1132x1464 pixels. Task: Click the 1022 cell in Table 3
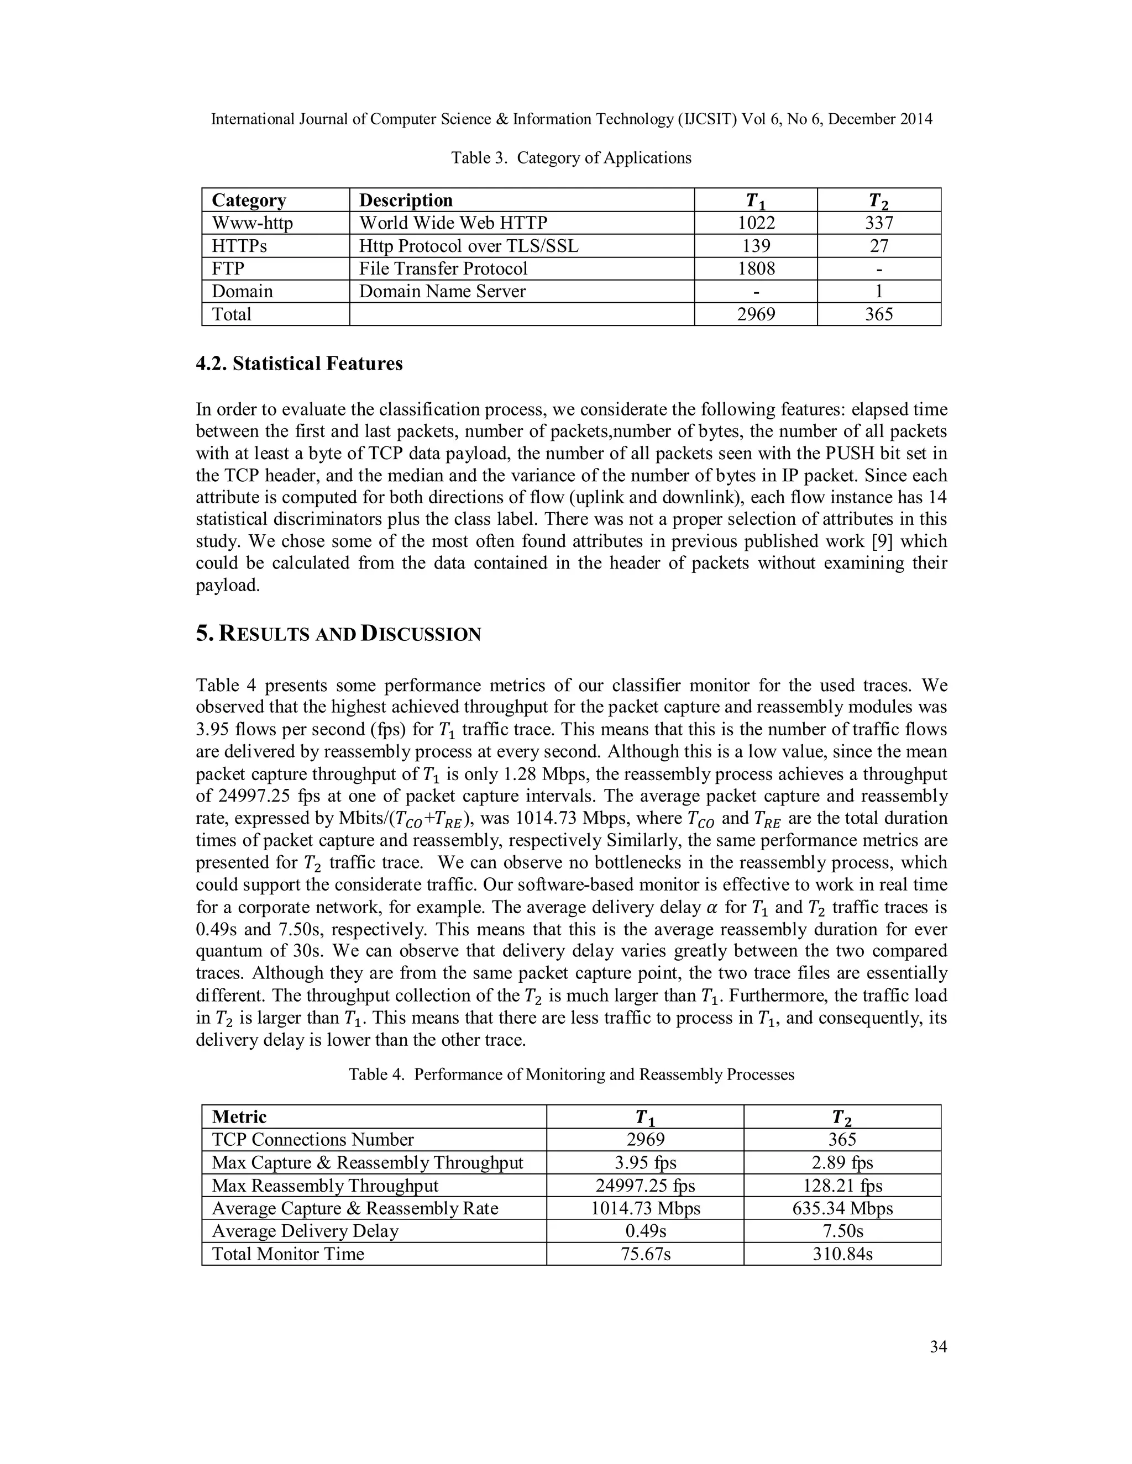(x=756, y=223)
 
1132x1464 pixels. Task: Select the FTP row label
(x=228, y=269)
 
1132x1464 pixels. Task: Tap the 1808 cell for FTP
(x=756, y=269)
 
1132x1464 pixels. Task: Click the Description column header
(x=406, y=201)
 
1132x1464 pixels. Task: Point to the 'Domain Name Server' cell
(x=442, y=292)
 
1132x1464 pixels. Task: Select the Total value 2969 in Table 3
(x=756, y=314)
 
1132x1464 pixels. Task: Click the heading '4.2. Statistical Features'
(x=299, y=364)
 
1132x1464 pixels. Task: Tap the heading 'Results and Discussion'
(x=339, y=634)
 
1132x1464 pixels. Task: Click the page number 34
(x=938, y=1347)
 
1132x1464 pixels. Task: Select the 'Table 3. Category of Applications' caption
(x=570, y=158)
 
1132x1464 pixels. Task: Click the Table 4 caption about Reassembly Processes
(x=570, y=1075)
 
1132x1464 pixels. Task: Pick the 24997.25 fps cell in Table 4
(x=645, y=1186)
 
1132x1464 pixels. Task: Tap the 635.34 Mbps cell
(x=842, y=1209)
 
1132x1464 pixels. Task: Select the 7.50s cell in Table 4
(x=842, y=1231)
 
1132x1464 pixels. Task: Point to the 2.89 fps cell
(x=842, y=1163)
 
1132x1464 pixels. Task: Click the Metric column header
(x=239, y=1117)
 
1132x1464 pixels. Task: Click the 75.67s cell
(x=645, y=1254)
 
